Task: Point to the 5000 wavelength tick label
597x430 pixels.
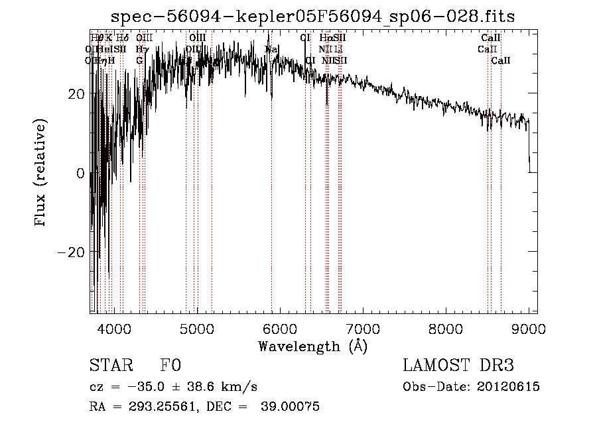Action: click(x=197, y=327)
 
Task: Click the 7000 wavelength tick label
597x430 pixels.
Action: click(x=363, y=327)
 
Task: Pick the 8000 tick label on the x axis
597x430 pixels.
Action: click(x=446, y=327)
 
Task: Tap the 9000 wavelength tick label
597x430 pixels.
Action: click(x=529, y=327)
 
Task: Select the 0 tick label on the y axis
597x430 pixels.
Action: click(x=81, y=174)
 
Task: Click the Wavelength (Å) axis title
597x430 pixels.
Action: click(x=312, y=346)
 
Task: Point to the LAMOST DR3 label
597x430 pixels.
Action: click(x=458, y=366)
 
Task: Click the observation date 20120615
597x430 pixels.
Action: click(x=508, y=388)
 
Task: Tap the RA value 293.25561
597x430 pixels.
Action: click(x=164, y=407)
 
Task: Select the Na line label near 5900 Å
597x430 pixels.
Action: click(x=271, y=49)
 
